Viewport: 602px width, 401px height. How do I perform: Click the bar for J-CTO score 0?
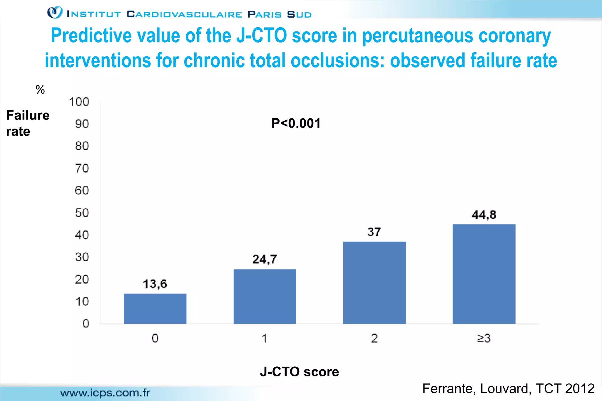pos(155,309)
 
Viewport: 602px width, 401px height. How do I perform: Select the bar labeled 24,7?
pos(265,296)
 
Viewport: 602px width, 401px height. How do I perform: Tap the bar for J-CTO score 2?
pos(374,283)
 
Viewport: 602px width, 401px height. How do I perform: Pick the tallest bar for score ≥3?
pos(484,274)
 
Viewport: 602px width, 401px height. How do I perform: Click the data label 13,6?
pos(155,284)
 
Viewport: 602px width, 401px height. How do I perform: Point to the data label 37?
pos(374,232)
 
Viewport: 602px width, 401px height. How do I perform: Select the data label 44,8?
pos(484,215)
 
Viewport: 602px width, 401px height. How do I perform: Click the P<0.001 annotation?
pos(296,123)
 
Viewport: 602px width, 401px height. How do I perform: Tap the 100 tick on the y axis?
pos(79,102)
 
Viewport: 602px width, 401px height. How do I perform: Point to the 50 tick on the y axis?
pos(82,213)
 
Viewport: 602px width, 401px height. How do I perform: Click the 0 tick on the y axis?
pos(86,324)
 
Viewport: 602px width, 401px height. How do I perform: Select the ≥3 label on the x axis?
pos(484,338)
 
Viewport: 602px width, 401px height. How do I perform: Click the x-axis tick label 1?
pos(265,338)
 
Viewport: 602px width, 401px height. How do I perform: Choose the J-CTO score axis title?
pos(299,372)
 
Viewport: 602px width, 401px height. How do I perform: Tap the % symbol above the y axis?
pos(40,90)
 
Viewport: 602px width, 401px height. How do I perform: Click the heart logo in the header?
pos(55,13)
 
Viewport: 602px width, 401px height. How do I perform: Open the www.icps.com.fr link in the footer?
pos(105,393)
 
